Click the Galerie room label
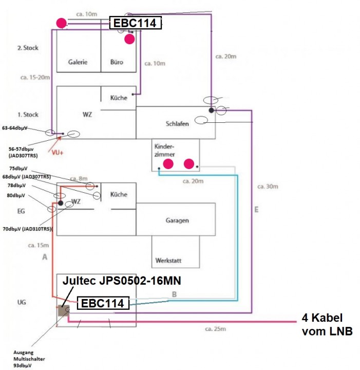(78, 62)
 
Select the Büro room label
(117, 62)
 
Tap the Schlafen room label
(178, 124)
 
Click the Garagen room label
(177, 220)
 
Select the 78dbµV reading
(17, 185)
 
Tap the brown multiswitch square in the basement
(64, 310)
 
